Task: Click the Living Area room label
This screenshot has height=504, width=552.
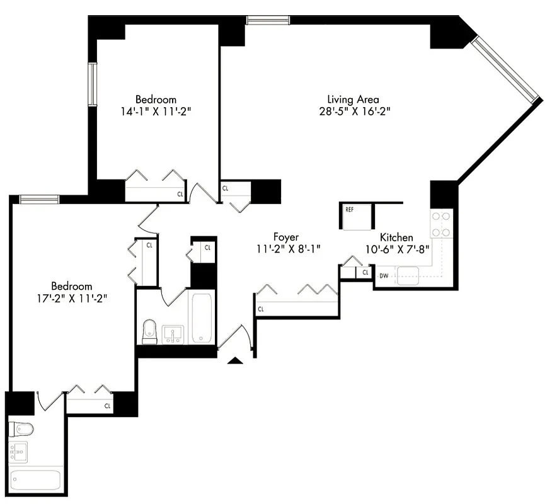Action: (352, 99)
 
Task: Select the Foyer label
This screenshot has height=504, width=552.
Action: (285, 237)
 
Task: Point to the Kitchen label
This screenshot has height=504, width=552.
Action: (396, 238)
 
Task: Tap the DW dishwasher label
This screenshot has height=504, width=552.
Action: (384, 275)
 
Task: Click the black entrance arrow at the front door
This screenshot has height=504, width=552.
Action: (235, 360)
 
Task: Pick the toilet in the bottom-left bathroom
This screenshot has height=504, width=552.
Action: (23, 430)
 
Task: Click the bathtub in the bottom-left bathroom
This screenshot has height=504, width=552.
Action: (36, 480)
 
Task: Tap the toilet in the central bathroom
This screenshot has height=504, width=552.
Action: (149, 331)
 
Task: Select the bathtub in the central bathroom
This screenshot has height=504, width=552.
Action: (202, 318)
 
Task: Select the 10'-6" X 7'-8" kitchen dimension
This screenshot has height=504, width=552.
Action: (396, 249)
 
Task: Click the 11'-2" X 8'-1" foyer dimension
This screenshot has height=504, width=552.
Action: (285, 249)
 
